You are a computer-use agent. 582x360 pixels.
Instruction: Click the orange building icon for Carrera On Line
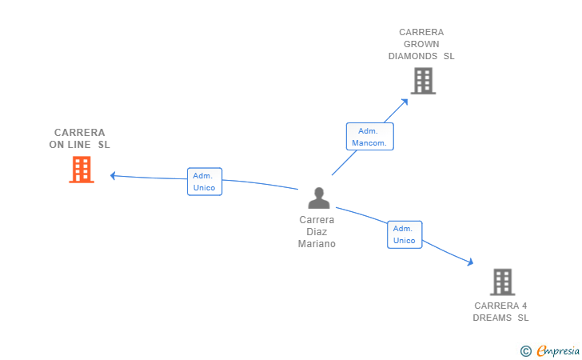pyautogui.click(x=82, y=170)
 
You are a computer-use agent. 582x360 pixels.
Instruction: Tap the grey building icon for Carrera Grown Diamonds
pyautogui.click(x=423, y=81)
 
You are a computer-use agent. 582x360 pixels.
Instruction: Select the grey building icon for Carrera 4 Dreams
pyautogui.click(x=502, y=282)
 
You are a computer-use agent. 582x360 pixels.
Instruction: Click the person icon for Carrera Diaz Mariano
pyautogui.click(x=319, y=198)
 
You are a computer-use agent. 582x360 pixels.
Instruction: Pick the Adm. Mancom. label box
pyautogui.click(x=369, y=137)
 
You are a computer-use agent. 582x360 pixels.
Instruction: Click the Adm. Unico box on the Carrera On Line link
pyautogui.click(x=205, y=182)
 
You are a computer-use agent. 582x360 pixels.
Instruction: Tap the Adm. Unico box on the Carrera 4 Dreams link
pyautogui.click(x=405, y=234)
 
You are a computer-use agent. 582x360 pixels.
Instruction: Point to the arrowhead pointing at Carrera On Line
pyautogui.click(x=114, y=175)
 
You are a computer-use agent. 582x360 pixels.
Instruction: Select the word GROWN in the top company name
pyautogui.click(x=421, y=44)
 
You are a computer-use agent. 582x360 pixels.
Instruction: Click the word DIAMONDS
pyautogui.click(x=413, y=56)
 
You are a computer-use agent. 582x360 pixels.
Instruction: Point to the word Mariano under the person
pyautogui.click(x=317, y=244)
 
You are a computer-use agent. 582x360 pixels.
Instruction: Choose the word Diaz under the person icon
pyautogui.click(x=317, y=232)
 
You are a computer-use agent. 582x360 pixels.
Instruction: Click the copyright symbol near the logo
pyautogui.click(x=525, y=350)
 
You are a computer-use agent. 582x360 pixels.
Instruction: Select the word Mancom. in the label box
pyautogui.click(x=369, y=143)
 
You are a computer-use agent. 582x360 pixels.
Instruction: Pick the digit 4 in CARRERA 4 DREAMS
pyautogui.click(x=524, y=306)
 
